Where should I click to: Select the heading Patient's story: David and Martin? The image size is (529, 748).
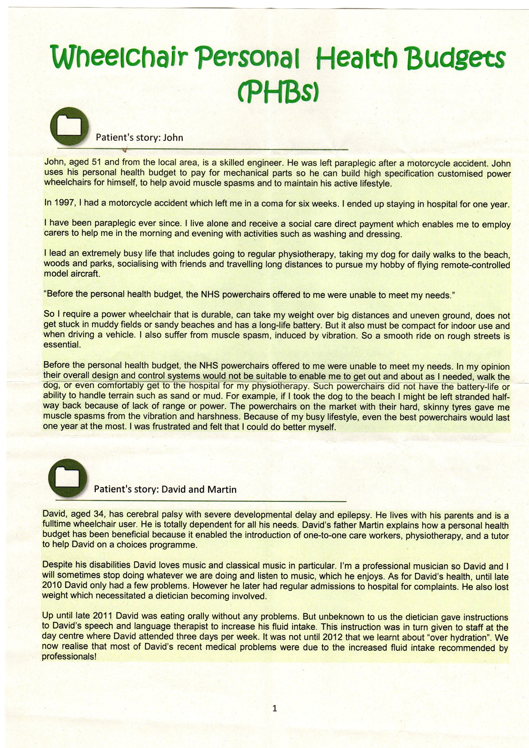point(165,489)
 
